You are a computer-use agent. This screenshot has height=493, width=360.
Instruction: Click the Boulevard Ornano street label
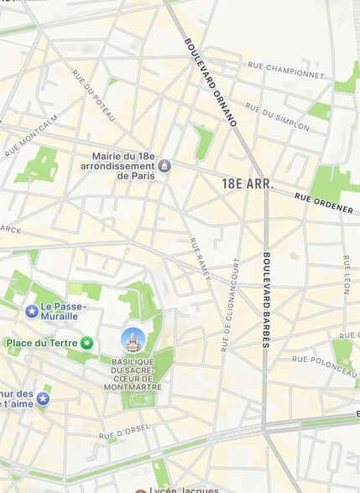point(211,81)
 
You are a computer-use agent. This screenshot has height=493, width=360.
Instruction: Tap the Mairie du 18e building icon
point(164,165)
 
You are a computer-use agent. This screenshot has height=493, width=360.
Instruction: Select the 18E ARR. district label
point(248,184)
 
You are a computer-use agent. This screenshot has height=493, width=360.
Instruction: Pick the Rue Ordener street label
point(323,203)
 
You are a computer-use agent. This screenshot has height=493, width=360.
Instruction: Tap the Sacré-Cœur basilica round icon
point(133,340)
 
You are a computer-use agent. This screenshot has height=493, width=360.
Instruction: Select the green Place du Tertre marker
point(86,343)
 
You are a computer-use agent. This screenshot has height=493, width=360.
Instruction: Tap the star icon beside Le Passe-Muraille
point(32,311)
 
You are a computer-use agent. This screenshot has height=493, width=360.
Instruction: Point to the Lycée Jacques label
point(183,490)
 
